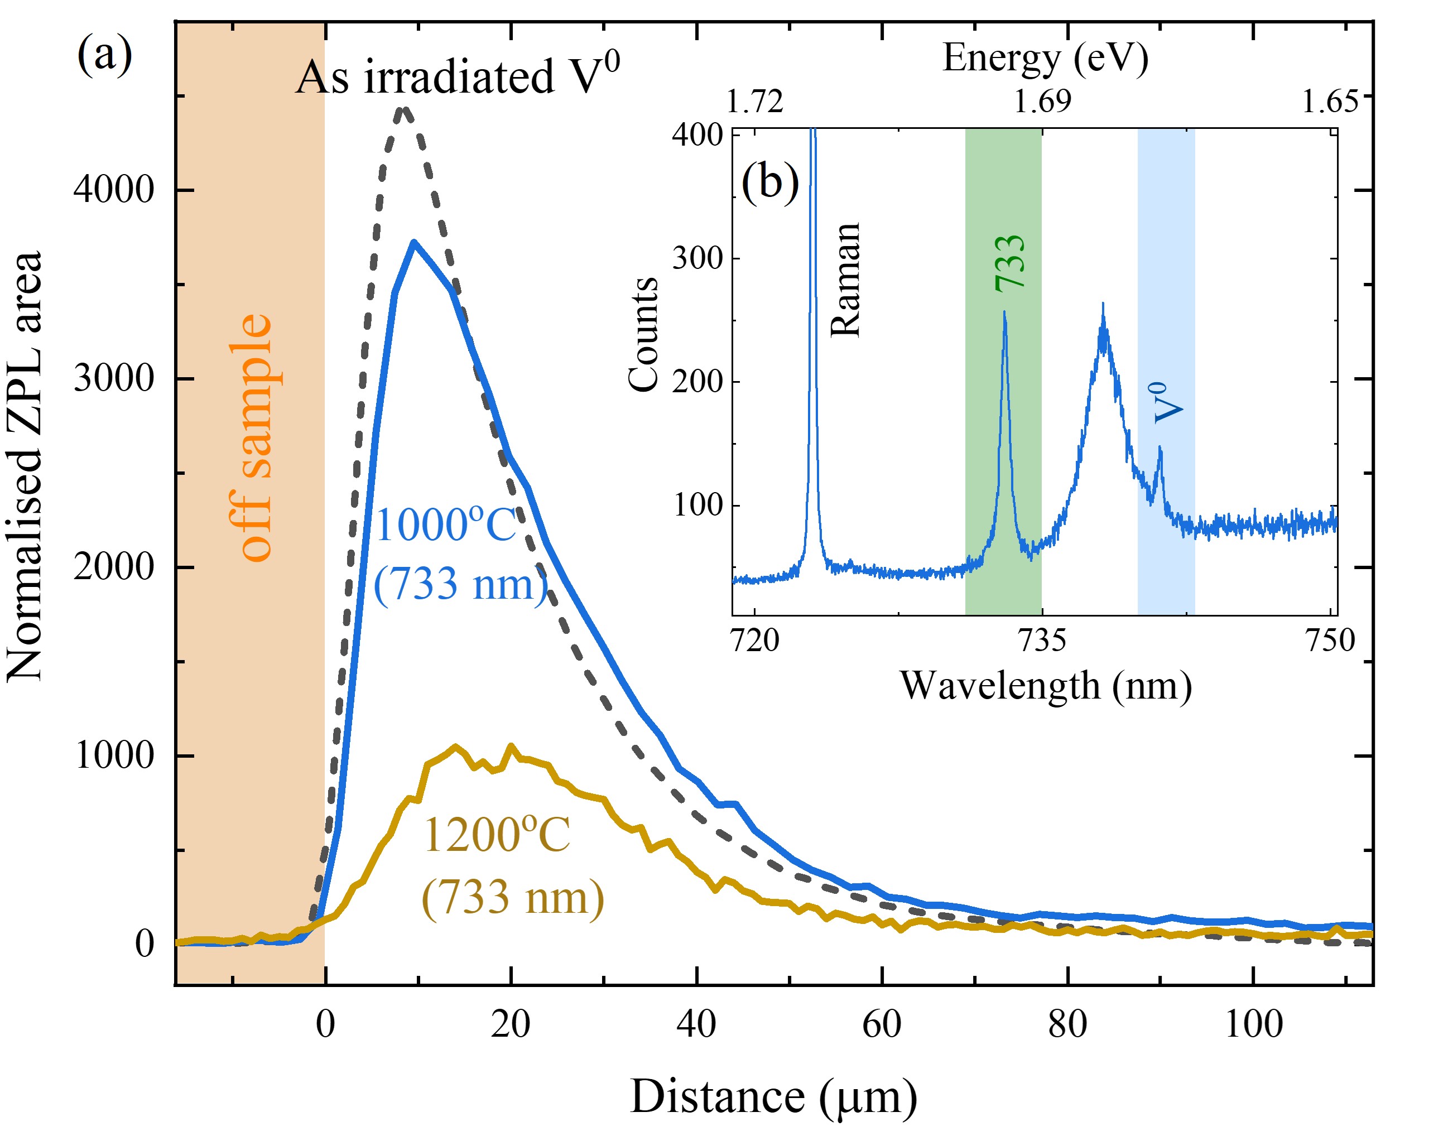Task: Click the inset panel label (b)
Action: [769, 180]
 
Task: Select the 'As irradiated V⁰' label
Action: [458, 75]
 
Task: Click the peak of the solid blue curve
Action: [413, 243]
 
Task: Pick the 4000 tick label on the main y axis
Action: [113, 190]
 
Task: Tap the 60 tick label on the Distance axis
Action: [882, 1024]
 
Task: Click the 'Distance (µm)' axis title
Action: [773, 1098]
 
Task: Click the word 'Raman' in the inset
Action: [846, 280]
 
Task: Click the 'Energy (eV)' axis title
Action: [1045, 59]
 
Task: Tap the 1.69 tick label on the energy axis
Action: [1042, 102]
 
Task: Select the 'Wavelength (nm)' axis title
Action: [1045, 686]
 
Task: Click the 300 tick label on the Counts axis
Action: [696, 258]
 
